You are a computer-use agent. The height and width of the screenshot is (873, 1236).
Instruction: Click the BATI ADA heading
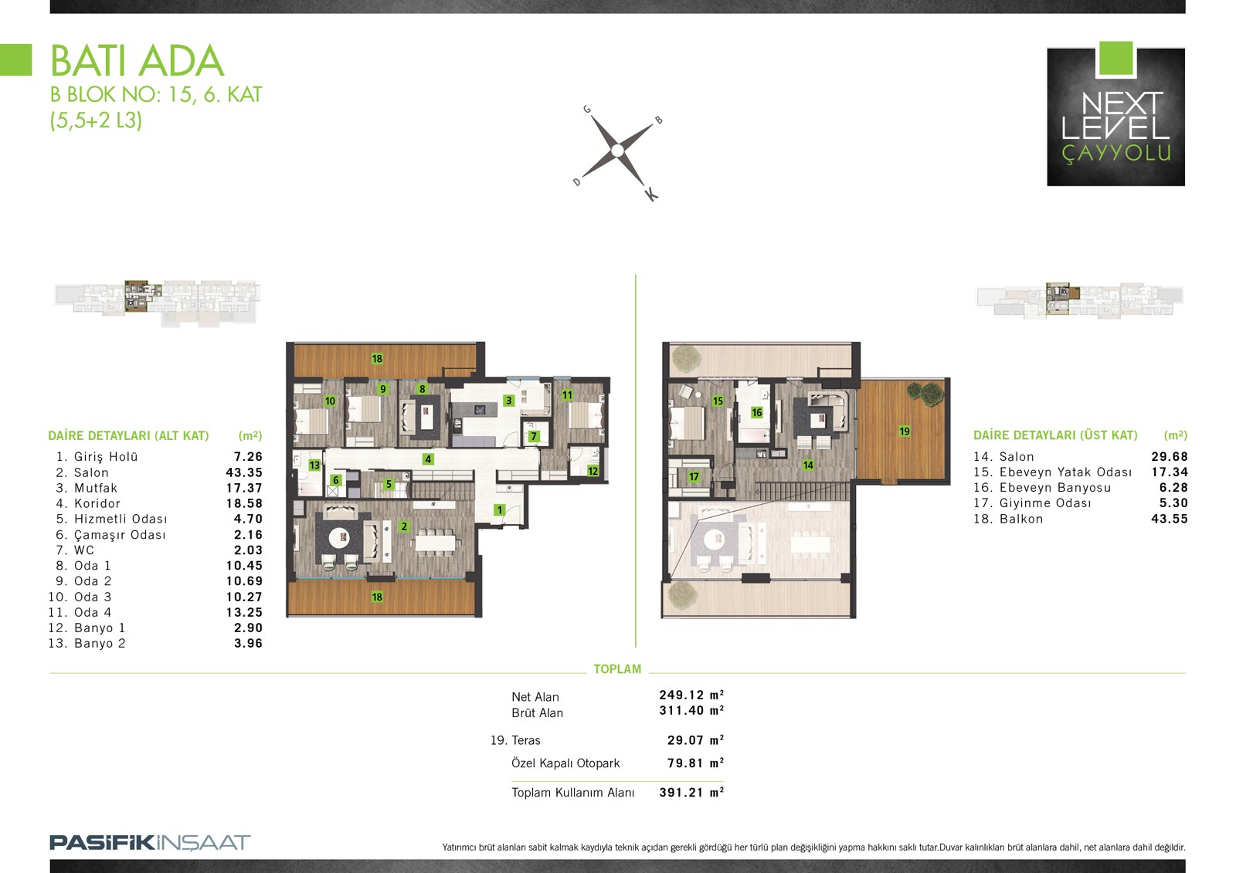pyautogui.click(x=138, y=61)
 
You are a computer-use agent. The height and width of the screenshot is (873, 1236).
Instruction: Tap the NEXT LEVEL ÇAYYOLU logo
pyautogui.click(x=1115, y=114)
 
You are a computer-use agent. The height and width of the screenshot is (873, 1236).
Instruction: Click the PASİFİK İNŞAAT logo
pyautogui.click(x=150, y=842)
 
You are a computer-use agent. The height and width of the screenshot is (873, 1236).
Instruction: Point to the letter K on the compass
pyautogui.click(x=652, y=194)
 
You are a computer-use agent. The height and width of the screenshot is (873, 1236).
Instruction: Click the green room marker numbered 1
pyautogui.click(x=499, y=510)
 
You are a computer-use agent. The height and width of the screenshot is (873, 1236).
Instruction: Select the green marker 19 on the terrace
pyautogui.click(x=904, y=431)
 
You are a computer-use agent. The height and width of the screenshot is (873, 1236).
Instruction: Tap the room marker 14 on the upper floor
pyautogui.click(x=808, y=465)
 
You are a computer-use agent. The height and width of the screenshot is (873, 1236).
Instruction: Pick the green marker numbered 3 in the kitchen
pyautogui.click(x=509, y=401)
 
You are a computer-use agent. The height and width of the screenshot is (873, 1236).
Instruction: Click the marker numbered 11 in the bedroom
pyautogui.click(x=567, y=395)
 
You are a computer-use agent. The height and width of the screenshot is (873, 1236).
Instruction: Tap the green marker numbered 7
pyautogui.click(x=534, y=436)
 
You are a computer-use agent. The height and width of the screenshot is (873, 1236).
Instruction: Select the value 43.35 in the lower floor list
pyautogui.click(x=244, y=472)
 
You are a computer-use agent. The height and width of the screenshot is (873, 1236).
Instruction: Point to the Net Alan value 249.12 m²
pyautogui.click(x=691, y=695)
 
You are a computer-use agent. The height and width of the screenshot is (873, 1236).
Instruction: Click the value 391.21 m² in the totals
pyautogui.click(x=691, y=793)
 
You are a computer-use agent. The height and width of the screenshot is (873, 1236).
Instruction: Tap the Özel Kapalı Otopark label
pyautogui.click(x=565, y=763)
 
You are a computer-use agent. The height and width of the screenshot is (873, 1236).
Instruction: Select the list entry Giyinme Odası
pyautogui.click(x=1045, y=503)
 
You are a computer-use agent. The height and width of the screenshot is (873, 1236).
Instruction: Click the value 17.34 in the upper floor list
pyautogui.click(x=1170, y=472)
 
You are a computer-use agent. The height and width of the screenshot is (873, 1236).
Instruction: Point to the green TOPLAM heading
pyautogui.click(x=617, y=669)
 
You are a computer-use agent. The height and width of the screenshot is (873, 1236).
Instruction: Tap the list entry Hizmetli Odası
pyautogui.click(x=121, y=519)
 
